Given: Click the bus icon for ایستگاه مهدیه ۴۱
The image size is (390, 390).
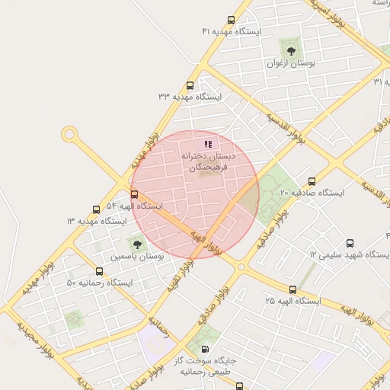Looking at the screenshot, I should (232, 21).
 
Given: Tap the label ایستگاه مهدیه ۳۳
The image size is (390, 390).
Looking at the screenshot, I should (190, 97).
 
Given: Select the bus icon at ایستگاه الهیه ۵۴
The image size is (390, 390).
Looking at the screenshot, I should (135, 194).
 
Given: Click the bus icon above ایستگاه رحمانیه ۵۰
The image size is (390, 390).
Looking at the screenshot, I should (99, 271).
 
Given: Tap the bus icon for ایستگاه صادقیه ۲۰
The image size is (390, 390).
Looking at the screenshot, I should (312, 181).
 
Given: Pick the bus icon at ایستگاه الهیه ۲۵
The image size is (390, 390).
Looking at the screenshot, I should (292, 289).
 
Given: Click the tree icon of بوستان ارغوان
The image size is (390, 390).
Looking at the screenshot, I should (290, 51).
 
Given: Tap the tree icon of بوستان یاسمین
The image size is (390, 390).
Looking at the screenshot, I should (137, 245).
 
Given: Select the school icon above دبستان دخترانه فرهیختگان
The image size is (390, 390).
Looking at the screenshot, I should (208, 143).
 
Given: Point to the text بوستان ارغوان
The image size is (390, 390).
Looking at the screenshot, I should (290, 64).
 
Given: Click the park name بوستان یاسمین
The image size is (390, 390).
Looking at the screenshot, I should (136, 257).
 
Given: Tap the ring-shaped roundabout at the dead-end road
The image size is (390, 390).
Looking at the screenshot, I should (70, 135).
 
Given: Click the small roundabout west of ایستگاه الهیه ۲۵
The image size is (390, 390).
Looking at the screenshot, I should (241, 267).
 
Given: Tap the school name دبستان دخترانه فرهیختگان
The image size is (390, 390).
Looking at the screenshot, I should (208, 161).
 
